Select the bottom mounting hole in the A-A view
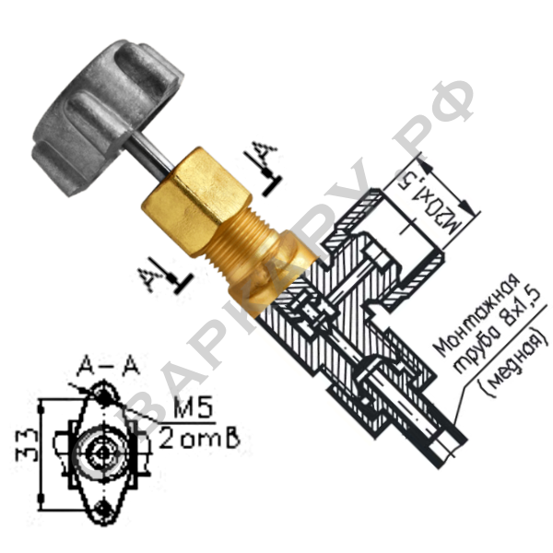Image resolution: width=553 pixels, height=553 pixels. click(x=106, y=507)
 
